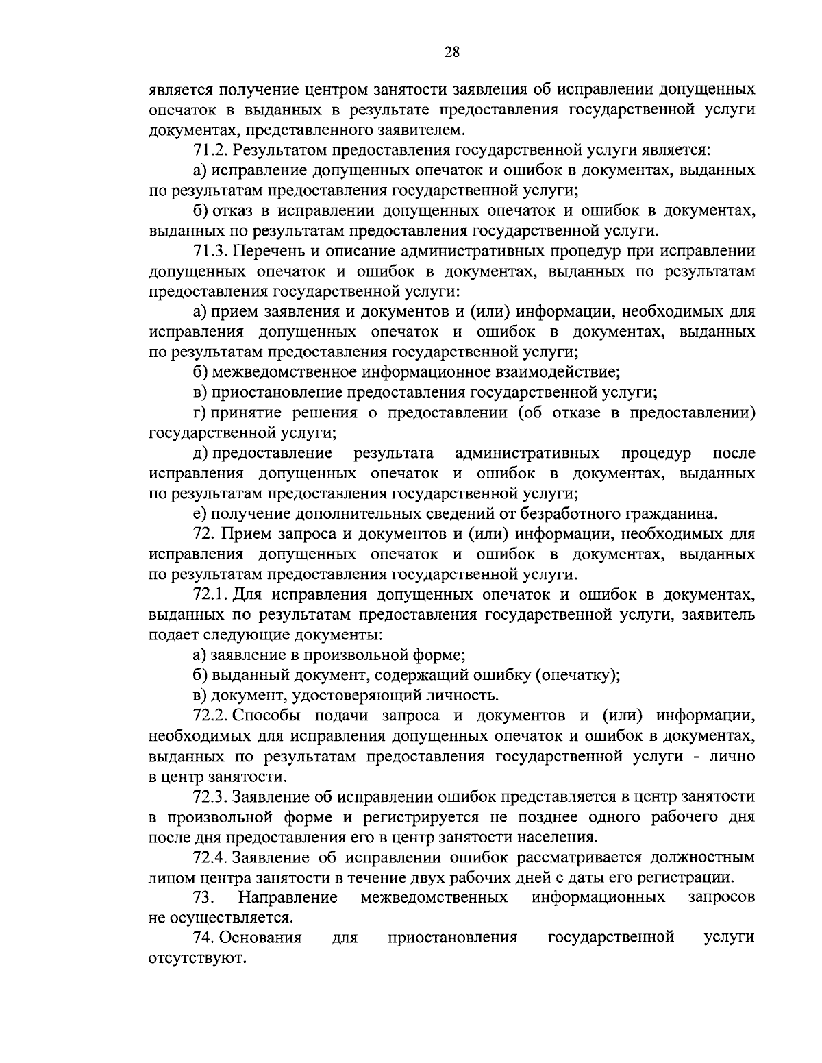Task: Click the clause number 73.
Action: pos(204,897)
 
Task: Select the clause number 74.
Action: pos(204,937)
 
